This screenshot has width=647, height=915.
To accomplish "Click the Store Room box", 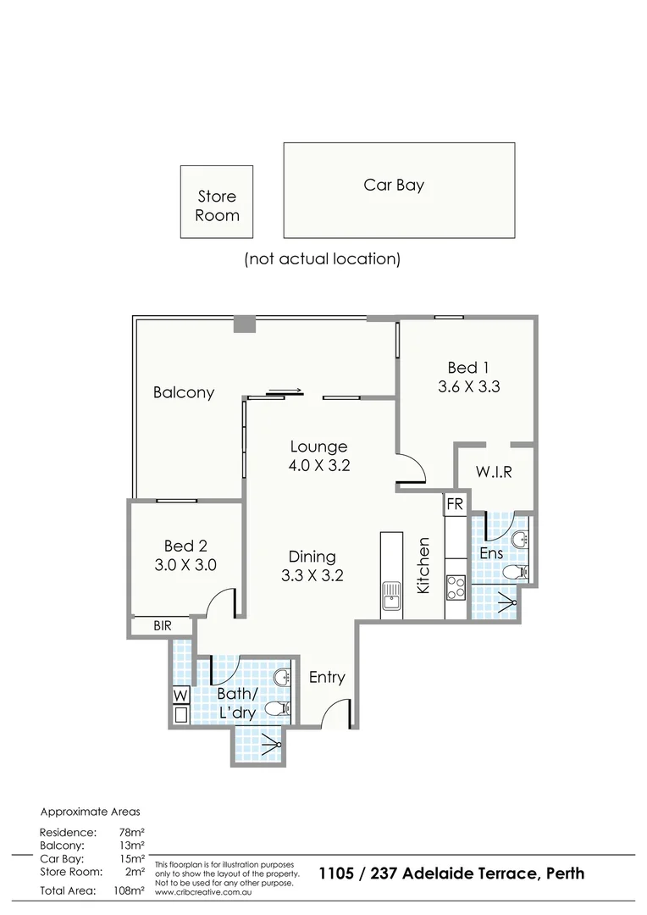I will pyautogui.click(x=217, y=202).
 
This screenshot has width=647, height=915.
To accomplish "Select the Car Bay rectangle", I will pyautogui.click(x=399, y=190).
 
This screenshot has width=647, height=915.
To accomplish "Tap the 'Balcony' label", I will pyautogui.click(x=184, y=393).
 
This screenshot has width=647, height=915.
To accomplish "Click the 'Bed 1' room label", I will pyautogui.click(x=468, y=368).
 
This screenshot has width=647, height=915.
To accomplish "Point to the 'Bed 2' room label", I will pyautogui.click(x=185, y=546).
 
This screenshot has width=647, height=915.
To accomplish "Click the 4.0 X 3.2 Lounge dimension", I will pyautogui.click(x=318, y=465).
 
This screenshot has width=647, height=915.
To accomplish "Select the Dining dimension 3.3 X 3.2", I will pyautogui.click(x=312, y=575).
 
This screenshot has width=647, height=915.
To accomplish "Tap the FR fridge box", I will pyautogui.click(x=455, y=504).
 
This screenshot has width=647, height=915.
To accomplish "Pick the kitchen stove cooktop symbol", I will pyautogui.click(x=455, y=586).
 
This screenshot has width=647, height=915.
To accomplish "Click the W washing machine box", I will pyautogui.click(x=180, y=696).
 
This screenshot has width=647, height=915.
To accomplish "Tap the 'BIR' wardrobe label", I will pyautogui.click(x=163, y=627).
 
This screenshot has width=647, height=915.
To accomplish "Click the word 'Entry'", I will pyautogui.click(x=327, y=677).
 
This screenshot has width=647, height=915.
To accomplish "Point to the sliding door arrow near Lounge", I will pyautogui.click(x=282, y=391).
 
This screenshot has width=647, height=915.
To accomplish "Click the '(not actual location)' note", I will pyautogui.click(x=322, y=258).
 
